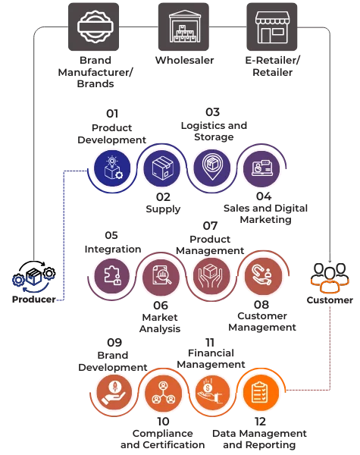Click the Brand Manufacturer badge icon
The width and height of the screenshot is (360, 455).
tap(93, 27)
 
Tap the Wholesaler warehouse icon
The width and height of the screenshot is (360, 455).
tap(183, 27)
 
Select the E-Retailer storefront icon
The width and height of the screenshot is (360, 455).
tap(272, 27)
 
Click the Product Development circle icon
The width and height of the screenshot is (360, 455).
tap(113, 168)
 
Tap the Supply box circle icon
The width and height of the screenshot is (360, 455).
tap(162, 168)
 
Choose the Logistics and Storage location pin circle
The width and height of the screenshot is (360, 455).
tap(212, 168)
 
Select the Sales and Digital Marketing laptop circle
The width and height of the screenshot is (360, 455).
tap(261, 168)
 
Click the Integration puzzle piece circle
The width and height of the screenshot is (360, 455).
tap(112, 276)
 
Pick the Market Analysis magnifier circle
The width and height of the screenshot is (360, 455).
tap(161, 276)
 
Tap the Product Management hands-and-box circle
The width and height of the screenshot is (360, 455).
tap(211, 276)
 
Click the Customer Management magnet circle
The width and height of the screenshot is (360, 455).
tap(263, 276)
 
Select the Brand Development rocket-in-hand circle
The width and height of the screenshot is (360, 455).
tap(114, 392)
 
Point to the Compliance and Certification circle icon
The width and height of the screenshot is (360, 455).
tap(163, 392)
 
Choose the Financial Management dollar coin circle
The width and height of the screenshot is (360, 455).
tap(212, 392)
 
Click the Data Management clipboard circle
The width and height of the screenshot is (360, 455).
tap(261, 392)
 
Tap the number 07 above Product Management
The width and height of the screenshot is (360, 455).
tap(210, 226)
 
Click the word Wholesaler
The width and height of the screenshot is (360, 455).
tap(184, 61)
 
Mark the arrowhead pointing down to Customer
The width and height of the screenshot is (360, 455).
tap(330, 260)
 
